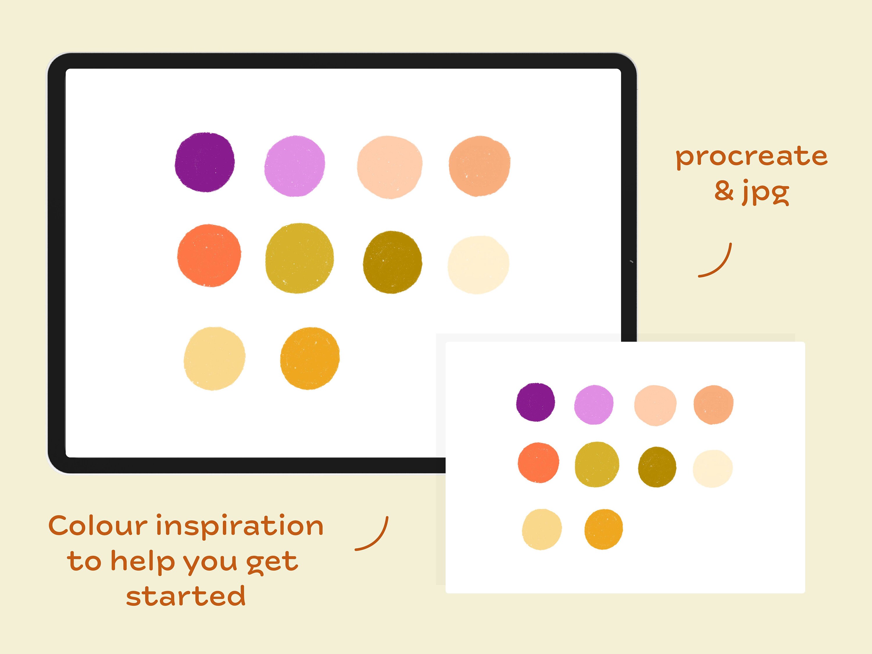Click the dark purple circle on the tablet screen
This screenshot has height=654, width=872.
point(205,162)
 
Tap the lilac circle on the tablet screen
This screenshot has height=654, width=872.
point(294,166)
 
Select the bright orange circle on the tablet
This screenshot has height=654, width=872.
point(209,255)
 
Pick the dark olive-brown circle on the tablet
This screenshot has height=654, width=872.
point(392,262)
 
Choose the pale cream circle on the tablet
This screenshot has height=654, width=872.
point(478,265)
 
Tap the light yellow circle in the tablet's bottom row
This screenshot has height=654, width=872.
point(215,358)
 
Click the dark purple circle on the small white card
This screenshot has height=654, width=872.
point(535,402)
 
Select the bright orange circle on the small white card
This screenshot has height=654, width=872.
point(538,462)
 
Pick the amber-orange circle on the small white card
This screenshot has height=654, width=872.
point(603,529)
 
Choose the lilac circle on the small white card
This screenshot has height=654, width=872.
point(594,405)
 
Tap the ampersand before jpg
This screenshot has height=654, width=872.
point(724,191)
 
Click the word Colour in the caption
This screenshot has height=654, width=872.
point(98,526)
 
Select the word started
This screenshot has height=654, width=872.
point(186,595)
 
